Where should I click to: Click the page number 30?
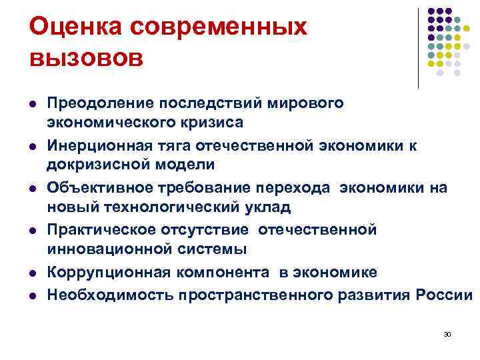(447, 333)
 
